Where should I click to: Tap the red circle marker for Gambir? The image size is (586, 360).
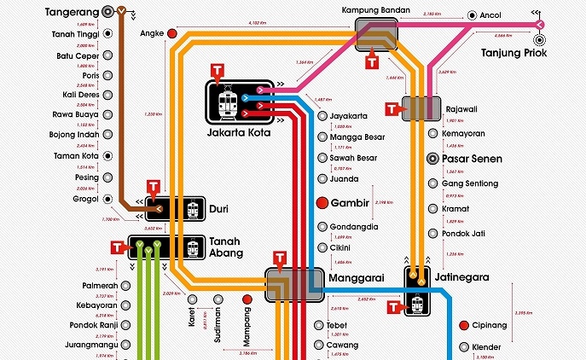click(322, 203)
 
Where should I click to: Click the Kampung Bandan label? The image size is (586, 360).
click(375, 10)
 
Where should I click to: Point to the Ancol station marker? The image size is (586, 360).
click(472, 15)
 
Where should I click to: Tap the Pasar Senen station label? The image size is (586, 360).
click(472, 159)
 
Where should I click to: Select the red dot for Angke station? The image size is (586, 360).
click(171, 33)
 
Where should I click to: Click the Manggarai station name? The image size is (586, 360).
click(357, 277)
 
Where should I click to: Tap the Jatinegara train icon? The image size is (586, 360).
click(418, 304)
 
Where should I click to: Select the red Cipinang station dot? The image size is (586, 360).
click(463, 325)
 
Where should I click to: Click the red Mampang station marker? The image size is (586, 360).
click(247, 299)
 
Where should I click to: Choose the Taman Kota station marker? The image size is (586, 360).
click(108, 155)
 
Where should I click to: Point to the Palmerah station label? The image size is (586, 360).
click(99, 285)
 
